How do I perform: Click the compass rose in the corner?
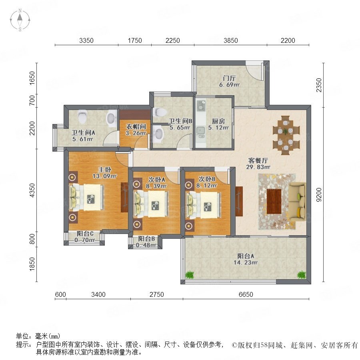tap(20, 20)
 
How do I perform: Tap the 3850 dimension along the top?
tap(230, 41)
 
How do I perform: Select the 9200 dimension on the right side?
tap(319, 195)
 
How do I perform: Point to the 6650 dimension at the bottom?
tap(246, 294)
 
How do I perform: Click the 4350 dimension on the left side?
tap(32, 190)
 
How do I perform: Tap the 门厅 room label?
tap(229, 78)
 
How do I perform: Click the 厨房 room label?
tap(218, 121)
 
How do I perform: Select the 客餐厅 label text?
tap(258, 160)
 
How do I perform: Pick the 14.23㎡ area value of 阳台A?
tap(246, 262)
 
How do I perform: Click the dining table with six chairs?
tap(286, 136)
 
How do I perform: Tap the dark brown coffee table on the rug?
tap(274, 201)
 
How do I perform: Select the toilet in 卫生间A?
tap(82, 116)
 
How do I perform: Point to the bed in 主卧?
tap(86, 198)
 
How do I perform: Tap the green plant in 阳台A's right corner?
tap(302, 274)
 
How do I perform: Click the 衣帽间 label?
tap(136, 126)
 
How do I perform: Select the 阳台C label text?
tap(85, 234)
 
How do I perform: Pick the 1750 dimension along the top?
tap(135, 41)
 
